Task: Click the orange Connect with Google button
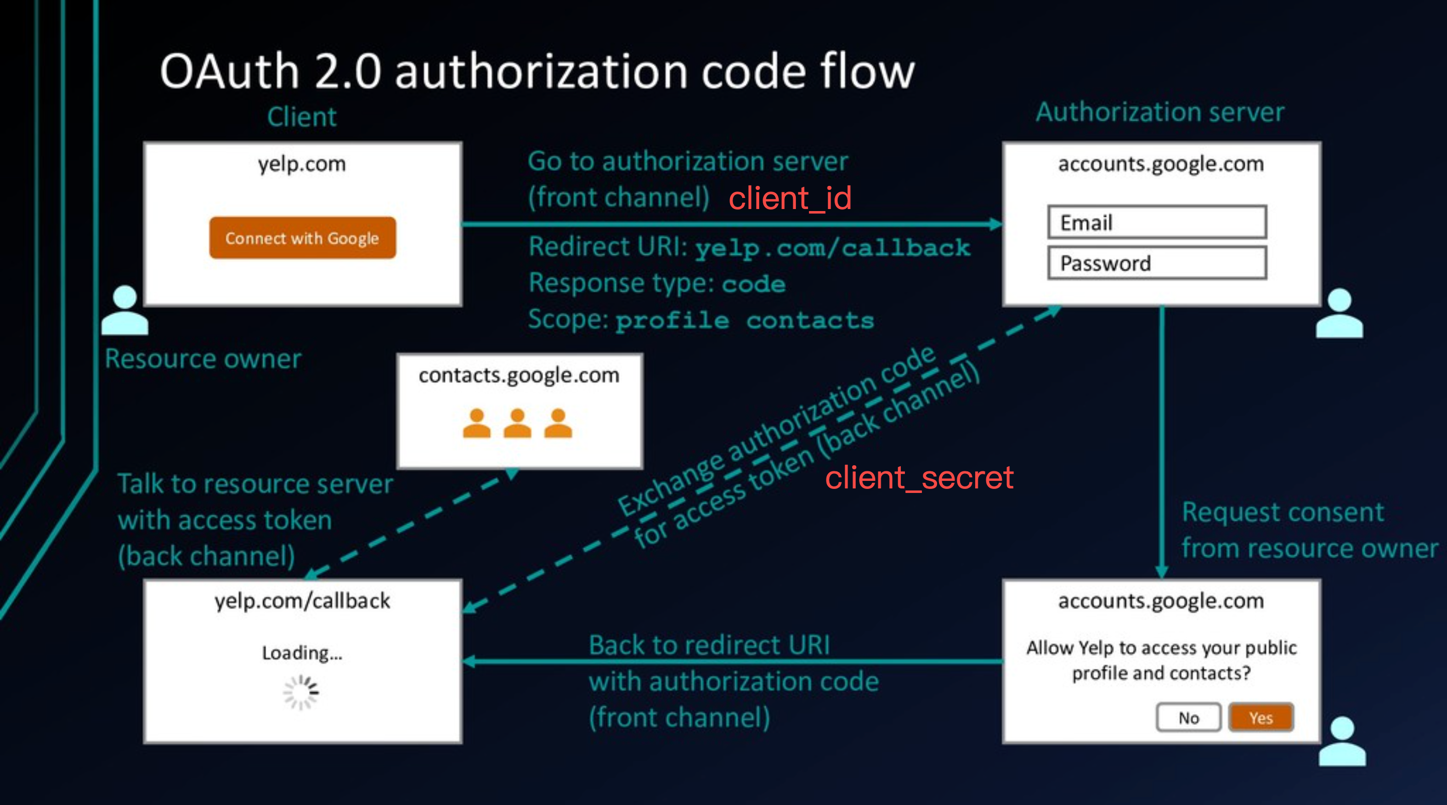(x=302, y=238)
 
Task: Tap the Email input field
(x=1157, y=223)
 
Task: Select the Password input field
(x=1157, y=263)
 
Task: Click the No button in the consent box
(x=1188, y=718)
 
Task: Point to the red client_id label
(x=790, y=198)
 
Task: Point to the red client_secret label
(x=919, y=478)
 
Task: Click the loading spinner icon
(x=301, y=692)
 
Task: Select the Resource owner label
(x=203, y=359)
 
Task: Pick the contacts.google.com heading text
(x=519, y=375)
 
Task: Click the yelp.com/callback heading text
(x=302, y=600)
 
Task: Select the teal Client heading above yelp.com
(x=301, y=117)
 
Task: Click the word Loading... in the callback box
(x=302, y=653)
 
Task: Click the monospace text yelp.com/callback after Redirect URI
(x=833, y=248)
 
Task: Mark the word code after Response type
(x=753, y=284)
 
